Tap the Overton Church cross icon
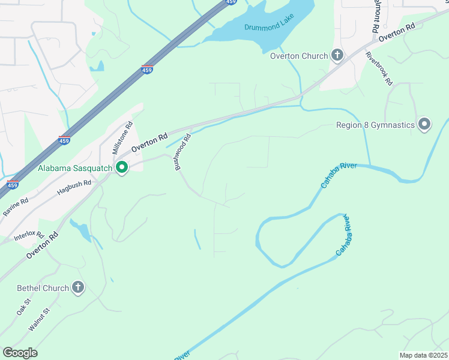337,56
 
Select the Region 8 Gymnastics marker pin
424,125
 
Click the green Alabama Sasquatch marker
122,168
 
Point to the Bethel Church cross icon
78,288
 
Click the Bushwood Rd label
182,152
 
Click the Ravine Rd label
16,206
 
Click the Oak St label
23,308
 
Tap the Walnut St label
38,319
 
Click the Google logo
19,353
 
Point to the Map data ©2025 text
423,355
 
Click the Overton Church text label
299,56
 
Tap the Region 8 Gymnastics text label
376,125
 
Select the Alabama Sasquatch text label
75,168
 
